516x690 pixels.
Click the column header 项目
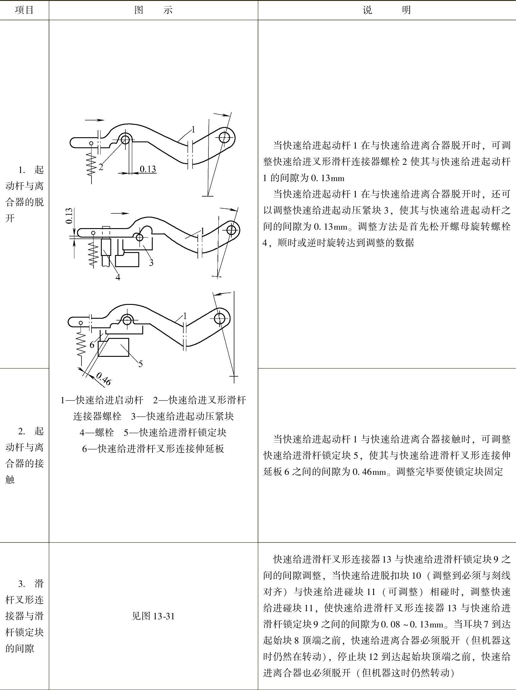24,10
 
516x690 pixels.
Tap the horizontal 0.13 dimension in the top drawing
148,169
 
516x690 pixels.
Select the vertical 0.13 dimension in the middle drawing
69,216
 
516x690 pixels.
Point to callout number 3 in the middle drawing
151,263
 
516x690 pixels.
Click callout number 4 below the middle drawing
117,277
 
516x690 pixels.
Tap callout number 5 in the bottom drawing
141,364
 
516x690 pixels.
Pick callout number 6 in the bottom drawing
92,345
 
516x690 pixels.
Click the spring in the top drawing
92,164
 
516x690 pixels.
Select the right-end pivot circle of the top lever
224,137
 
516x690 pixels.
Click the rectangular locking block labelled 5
114,347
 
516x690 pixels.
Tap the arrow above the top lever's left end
94,120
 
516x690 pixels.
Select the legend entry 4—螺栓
97,432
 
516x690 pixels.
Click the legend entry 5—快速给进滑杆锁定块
175,432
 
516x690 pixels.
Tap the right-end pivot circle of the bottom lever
220,318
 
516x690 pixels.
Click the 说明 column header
386,10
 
